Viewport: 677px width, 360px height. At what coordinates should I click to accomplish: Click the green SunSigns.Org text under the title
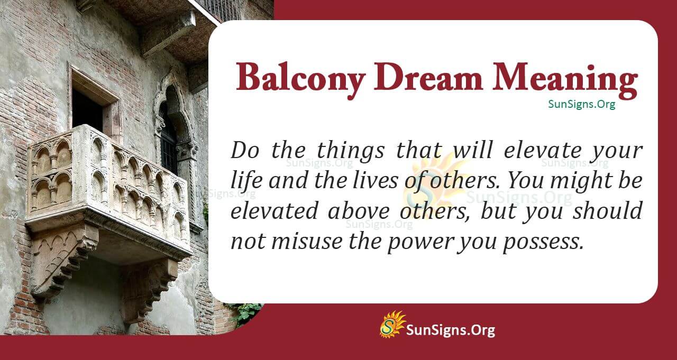click(581, 105)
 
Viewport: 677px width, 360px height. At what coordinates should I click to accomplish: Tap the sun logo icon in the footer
click(392, 324)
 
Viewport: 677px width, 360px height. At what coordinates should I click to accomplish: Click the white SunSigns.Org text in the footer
click(450, 330)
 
